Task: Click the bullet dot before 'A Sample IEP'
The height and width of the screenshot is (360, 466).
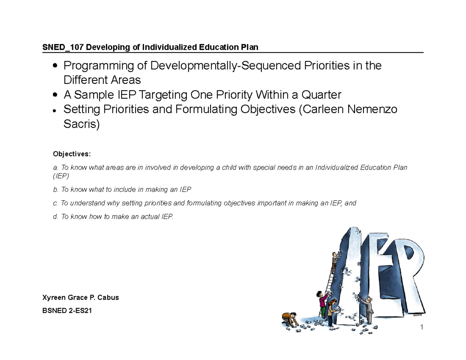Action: [x=56, y=95]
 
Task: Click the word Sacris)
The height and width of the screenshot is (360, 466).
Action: [x=82, y=125]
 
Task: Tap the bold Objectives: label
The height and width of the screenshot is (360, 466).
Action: [x=71, y=154]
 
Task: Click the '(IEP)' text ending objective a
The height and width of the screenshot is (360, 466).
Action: [x=61, y=176]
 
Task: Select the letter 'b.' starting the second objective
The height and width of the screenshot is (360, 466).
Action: [x=56, y=190]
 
